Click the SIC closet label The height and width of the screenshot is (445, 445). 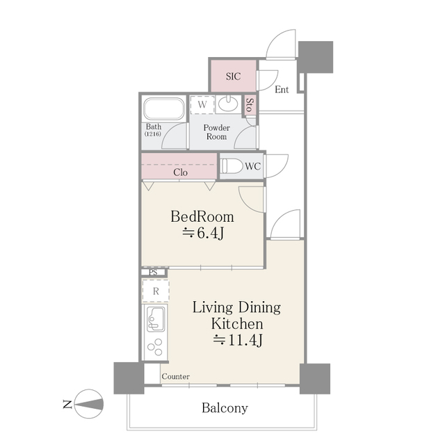233,76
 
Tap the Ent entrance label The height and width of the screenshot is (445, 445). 282,90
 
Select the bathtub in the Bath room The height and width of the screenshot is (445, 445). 164,110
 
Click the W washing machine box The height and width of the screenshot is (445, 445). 202,105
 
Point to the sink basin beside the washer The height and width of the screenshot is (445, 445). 227,105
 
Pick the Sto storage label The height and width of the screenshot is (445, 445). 249,105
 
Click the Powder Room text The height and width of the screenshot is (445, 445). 216,132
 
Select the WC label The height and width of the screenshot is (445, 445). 253,167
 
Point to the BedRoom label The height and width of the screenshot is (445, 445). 202,216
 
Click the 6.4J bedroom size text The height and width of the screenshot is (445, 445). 202,234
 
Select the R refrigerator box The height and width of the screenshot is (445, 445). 156,291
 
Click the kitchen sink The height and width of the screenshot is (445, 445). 156,318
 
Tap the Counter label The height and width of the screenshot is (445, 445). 175,376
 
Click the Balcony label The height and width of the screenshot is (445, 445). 225,408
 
